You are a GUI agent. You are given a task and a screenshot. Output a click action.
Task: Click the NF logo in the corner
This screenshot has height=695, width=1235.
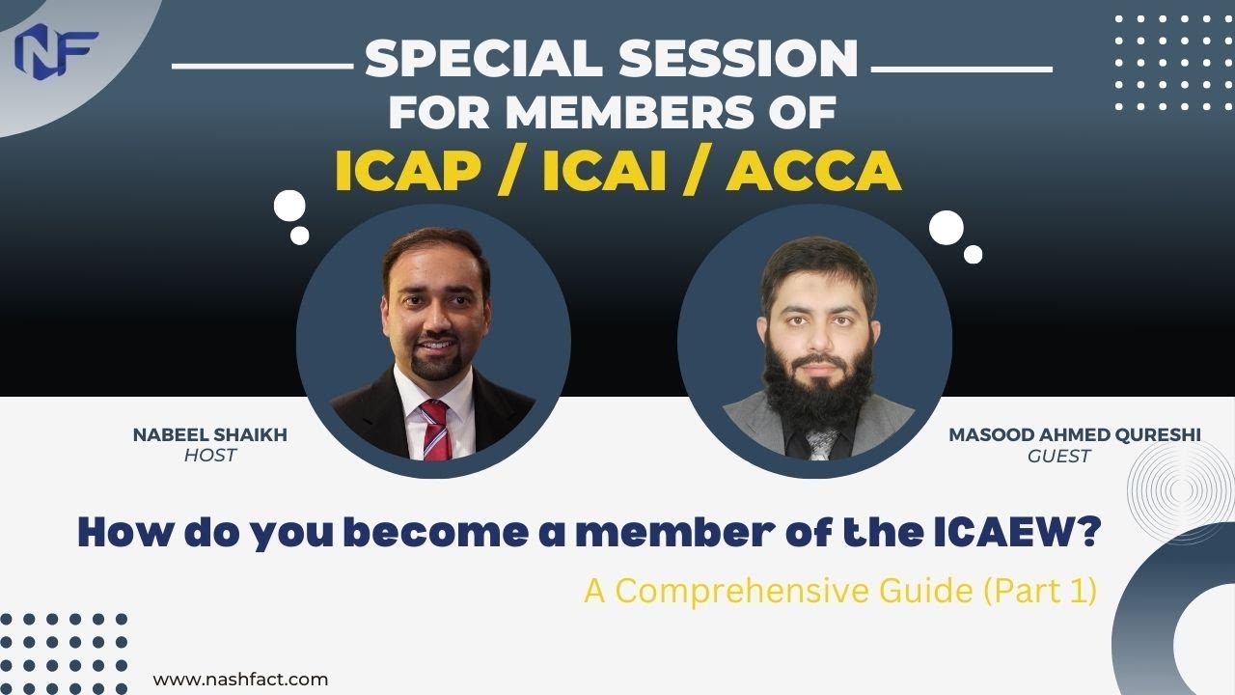(56, 49)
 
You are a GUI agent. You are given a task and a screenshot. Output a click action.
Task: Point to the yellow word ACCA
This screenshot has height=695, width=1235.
(813, 171)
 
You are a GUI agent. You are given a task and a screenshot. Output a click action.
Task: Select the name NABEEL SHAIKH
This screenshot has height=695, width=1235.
(210, 435)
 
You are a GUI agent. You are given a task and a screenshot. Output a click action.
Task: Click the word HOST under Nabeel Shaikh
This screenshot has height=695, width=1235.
(210, 456)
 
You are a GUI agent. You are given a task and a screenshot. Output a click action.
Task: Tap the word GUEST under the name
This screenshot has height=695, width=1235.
(1059, 456)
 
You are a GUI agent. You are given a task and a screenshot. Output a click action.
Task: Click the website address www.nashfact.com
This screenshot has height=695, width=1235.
(241, 680)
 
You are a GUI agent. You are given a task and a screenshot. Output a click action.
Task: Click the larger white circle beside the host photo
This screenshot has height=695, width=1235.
(289, 206)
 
